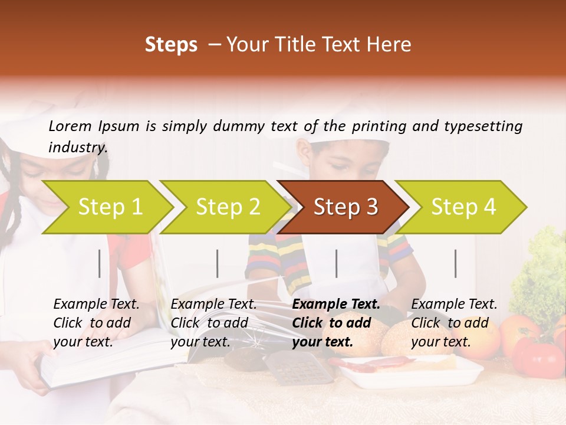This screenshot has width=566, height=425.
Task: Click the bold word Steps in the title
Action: [171, 45]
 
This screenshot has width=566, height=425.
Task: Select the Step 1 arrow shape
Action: [106, 207]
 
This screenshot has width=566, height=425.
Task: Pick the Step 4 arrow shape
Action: [462, 207]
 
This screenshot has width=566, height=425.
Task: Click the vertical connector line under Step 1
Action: [100, 263]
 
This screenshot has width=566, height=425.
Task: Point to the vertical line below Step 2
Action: [218, 263]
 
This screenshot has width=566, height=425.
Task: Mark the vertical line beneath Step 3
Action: [337, 263]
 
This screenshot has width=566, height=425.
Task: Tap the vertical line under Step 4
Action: [455, 263]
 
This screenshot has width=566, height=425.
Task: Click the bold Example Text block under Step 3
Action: [336, 323]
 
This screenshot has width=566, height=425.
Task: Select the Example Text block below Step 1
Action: [96, 323]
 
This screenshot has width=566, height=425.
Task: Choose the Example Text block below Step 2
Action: [213, 323]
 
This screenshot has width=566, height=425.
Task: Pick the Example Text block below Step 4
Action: [454, 323]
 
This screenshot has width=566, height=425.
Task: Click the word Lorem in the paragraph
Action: [70, 126]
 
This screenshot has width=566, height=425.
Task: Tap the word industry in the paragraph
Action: [77, 148]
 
